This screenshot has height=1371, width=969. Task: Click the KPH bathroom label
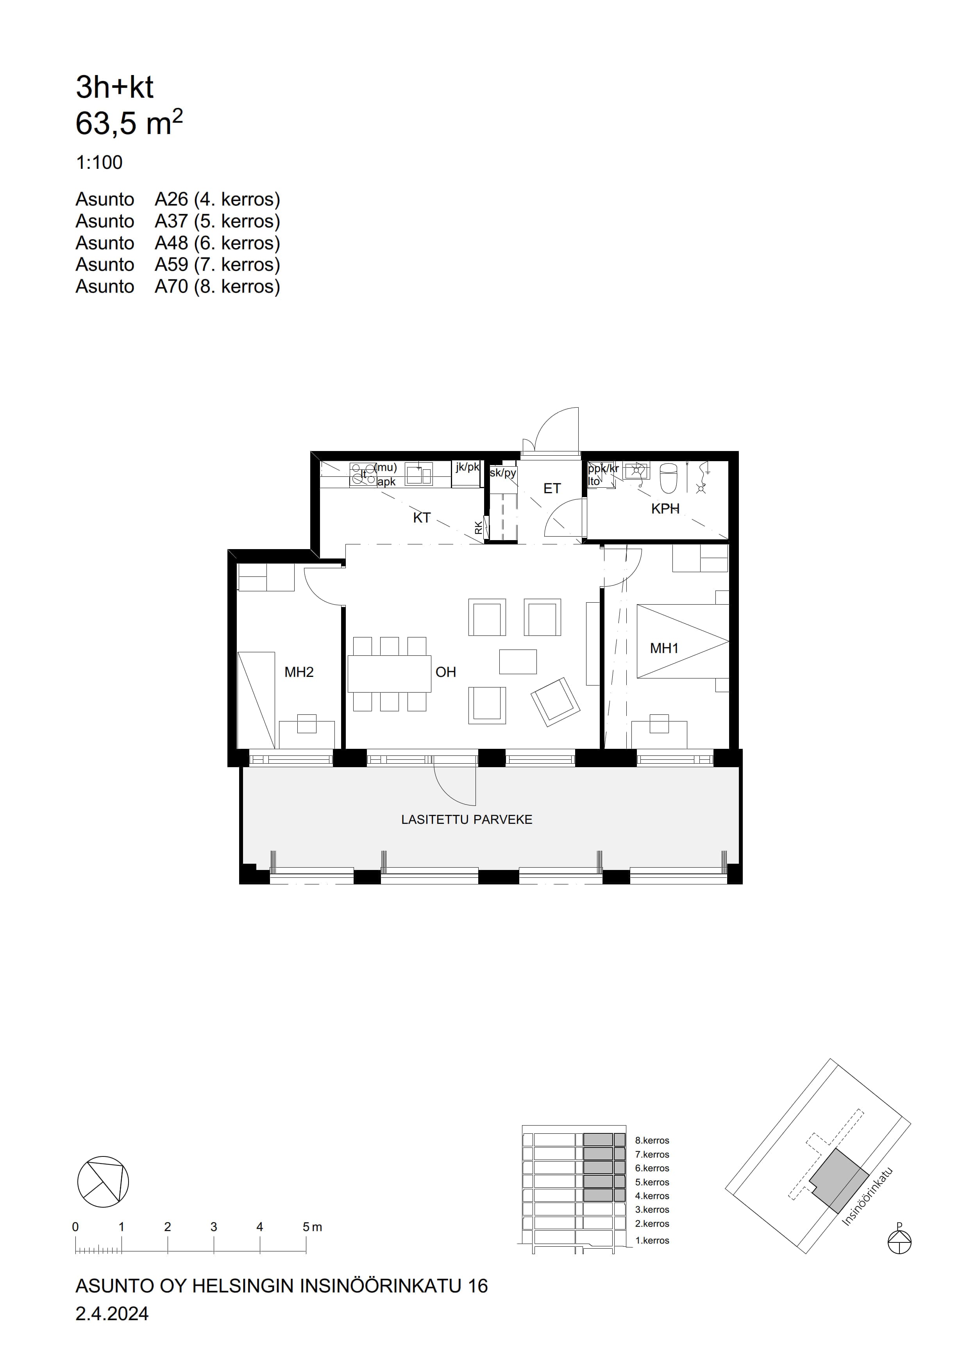click(x=665, y=509)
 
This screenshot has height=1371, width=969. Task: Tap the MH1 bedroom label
click(x=664, y=648)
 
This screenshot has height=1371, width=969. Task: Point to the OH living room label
click(x=445, y=672)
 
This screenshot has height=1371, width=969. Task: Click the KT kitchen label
click(x=422, y=518)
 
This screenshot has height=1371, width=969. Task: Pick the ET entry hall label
click(x=552, y=489)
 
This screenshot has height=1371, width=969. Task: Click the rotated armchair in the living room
click(x=555, y=702)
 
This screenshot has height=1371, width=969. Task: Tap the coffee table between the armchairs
click(x=518, y=662)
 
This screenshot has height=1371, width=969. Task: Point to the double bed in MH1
click(x=683, y=641)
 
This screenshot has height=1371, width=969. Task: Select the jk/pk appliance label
click(x=467, y=467)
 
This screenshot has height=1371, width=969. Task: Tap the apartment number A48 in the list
click(x=172, y=243)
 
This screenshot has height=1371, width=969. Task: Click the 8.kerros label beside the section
click(x=652, y=1140)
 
